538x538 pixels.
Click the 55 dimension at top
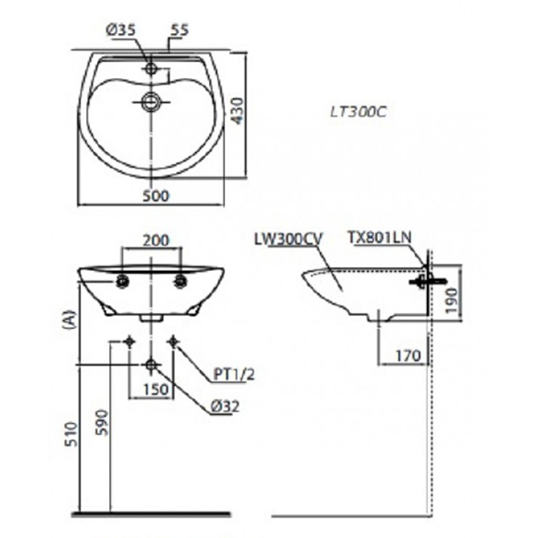point(179,30)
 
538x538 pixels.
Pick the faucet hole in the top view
point(152,68)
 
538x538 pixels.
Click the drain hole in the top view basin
point(152,101)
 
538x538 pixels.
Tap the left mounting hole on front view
point(121,282)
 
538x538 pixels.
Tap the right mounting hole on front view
point(182,282)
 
